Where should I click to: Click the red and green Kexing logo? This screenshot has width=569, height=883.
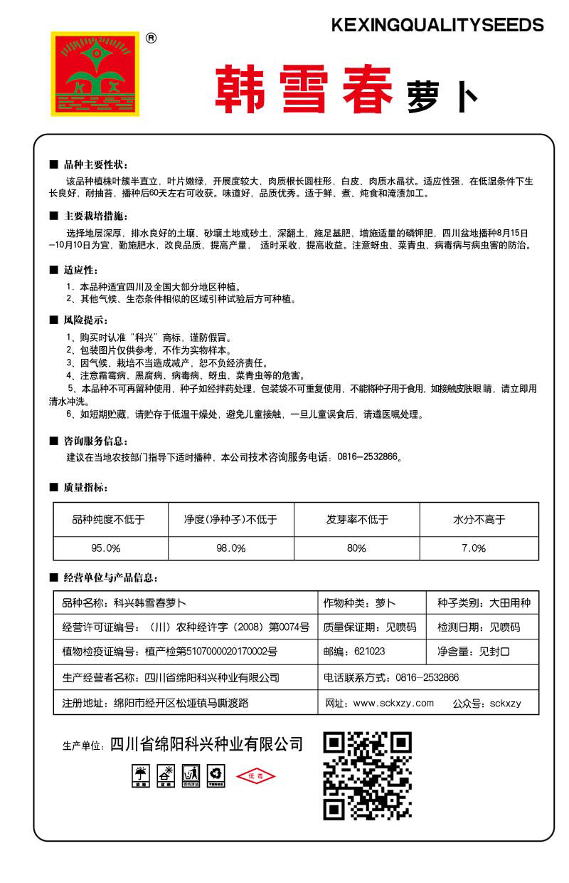94,73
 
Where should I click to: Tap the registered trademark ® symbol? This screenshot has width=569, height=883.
151,38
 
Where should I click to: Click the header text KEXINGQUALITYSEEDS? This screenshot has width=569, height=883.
437,26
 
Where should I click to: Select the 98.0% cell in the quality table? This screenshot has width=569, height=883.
230,548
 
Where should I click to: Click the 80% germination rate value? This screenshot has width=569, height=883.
356,548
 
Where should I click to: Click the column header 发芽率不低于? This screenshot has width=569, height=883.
357,520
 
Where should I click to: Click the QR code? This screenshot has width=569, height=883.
368,775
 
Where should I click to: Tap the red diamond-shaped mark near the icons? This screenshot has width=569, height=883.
255,775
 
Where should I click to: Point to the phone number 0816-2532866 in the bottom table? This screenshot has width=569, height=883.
427,677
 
